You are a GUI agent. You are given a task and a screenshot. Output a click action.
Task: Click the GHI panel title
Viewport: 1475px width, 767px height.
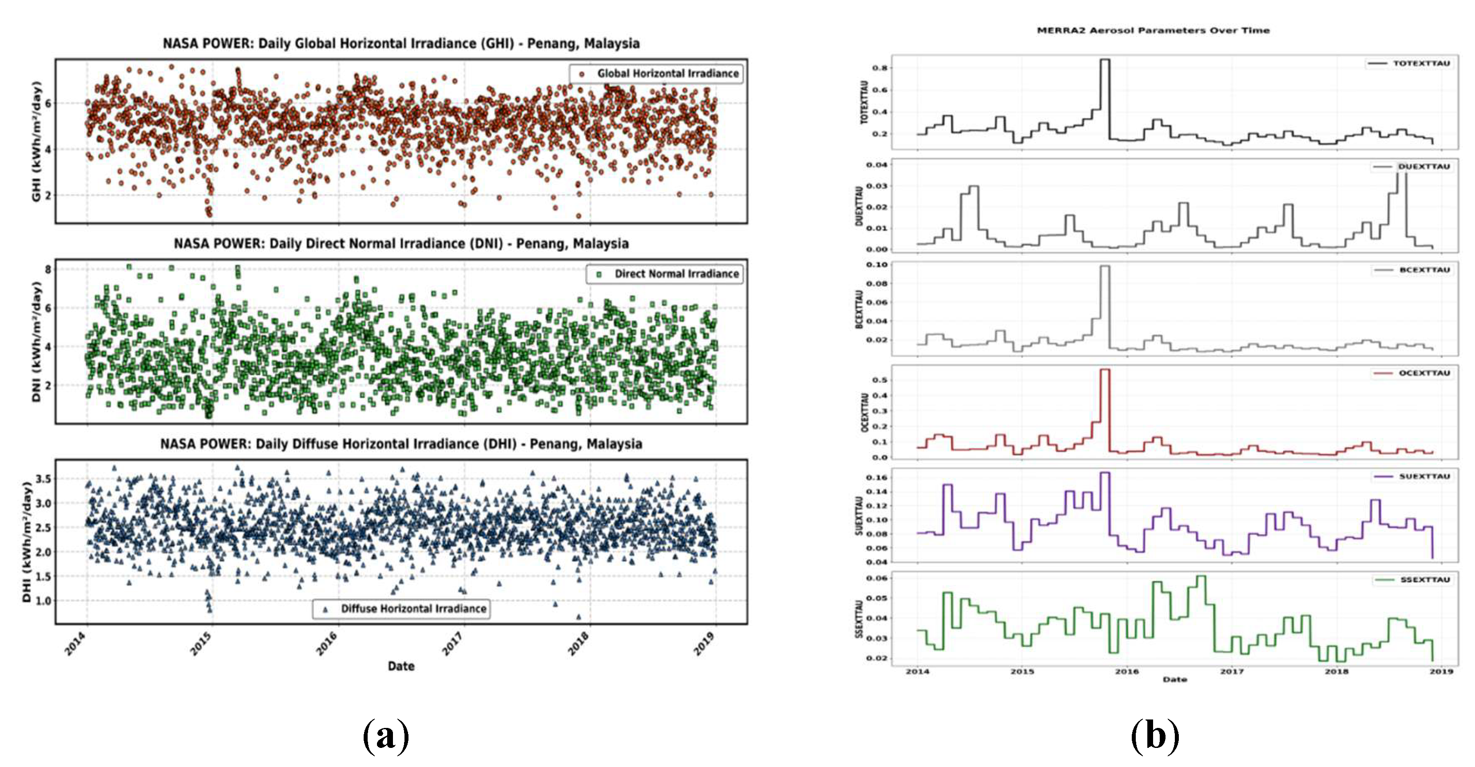(x=401, y=44)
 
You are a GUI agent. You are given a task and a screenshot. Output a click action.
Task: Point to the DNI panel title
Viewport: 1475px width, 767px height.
(x=401, y=244)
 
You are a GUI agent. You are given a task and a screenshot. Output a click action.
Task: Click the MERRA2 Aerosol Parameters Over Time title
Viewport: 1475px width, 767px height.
(x=1153, y=30)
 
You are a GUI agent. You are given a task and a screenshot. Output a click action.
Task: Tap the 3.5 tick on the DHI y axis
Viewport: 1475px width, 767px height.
(x=43, y=479)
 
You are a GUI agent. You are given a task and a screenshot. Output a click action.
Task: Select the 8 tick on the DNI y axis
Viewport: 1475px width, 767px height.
(x=48, y=269)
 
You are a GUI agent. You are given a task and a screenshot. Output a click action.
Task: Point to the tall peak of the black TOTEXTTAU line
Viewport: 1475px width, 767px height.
(x=1105, y=60)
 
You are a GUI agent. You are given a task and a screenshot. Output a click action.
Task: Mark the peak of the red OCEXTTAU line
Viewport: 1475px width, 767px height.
(x=1105, y=370)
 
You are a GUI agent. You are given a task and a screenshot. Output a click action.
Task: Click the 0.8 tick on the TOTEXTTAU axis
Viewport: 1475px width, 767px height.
(x=880, y=68)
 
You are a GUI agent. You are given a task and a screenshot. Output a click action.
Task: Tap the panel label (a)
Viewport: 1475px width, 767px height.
(x=386, y=735)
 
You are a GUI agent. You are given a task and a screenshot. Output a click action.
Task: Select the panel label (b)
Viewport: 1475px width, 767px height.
(x=1155, y=735)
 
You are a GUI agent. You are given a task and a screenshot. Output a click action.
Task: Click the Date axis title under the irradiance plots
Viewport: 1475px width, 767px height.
(x=401, y=666)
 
